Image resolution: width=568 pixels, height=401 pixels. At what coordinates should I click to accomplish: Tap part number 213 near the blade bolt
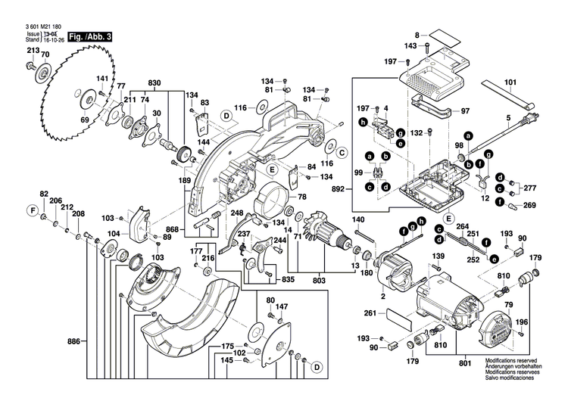[32, 51]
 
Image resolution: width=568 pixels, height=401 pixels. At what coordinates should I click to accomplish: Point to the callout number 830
[154, 82]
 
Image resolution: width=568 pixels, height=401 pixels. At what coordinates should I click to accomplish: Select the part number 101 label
[510, 82]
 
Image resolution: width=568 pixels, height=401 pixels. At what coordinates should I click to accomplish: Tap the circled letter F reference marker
[32, 209]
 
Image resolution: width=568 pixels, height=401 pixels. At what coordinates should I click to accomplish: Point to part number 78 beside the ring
[301, 197]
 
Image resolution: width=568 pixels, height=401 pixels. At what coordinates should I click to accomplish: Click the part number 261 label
[370, 312]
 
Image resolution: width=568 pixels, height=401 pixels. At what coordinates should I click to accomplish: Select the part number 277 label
[530, 187]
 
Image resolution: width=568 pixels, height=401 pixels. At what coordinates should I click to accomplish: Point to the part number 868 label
[173, 229]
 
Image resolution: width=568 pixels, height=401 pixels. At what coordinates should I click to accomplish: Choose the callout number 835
[267, 280]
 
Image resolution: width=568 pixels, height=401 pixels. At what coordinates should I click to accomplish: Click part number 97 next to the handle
[465, 110]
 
